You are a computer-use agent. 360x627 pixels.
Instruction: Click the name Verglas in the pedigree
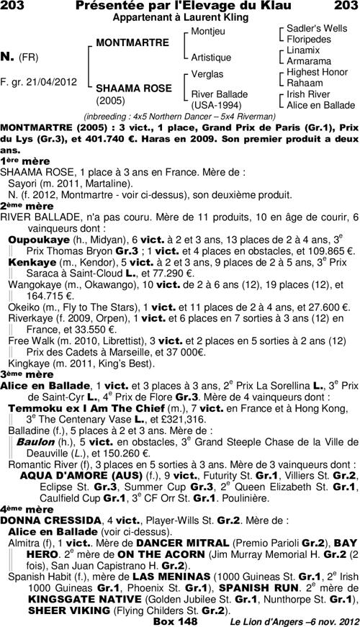point(208,74)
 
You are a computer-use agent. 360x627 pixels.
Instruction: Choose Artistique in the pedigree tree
point(212,56)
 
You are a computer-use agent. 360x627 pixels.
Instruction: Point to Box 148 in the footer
point(174,621)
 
